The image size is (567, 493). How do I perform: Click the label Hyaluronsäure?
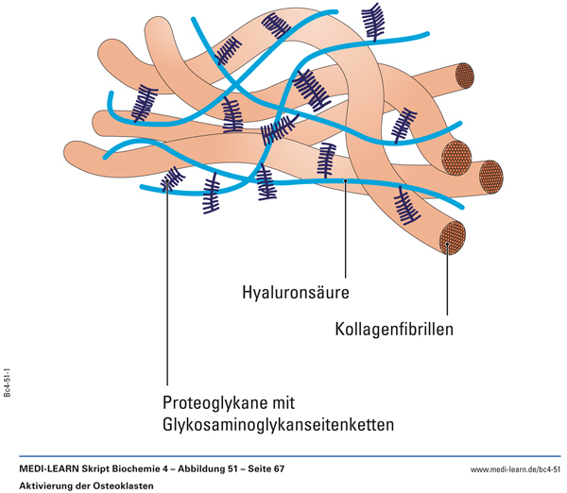tap(296, 293)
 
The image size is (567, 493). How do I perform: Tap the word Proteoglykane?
tap(215, 400)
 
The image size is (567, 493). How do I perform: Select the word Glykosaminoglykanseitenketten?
tap(279, 424)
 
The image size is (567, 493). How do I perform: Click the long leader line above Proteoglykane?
tap(167, 283)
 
